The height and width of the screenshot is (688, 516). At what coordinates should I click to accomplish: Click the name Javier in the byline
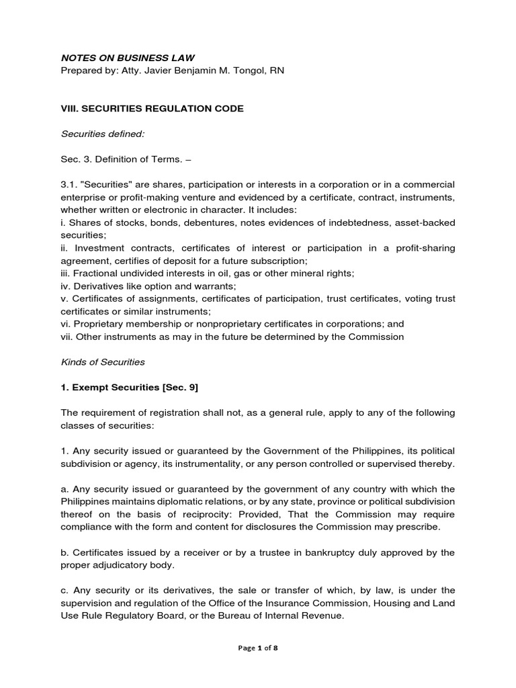tap(176, 71)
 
